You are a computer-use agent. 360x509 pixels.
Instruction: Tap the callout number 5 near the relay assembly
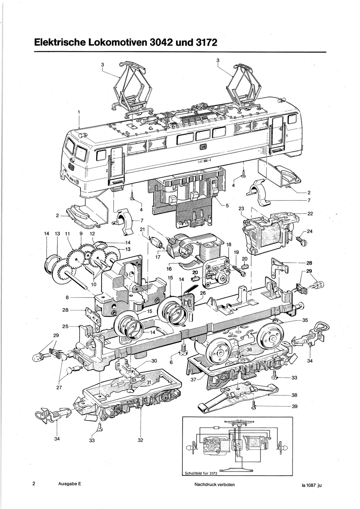[x=227, y=206]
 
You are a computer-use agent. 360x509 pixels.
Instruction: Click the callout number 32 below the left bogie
[x=140, y=440]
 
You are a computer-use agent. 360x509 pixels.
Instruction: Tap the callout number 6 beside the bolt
[x=171, y=363]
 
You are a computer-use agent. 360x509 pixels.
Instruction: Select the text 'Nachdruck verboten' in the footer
[x=214, y=485]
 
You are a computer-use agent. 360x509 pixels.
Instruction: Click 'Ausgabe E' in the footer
[x=70, y=484]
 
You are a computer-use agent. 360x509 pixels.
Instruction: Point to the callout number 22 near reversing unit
[x=310, y=214]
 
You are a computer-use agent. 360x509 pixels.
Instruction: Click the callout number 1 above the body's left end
[x=79, y=112]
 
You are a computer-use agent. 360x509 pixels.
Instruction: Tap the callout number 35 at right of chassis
[x=305, y=320]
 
